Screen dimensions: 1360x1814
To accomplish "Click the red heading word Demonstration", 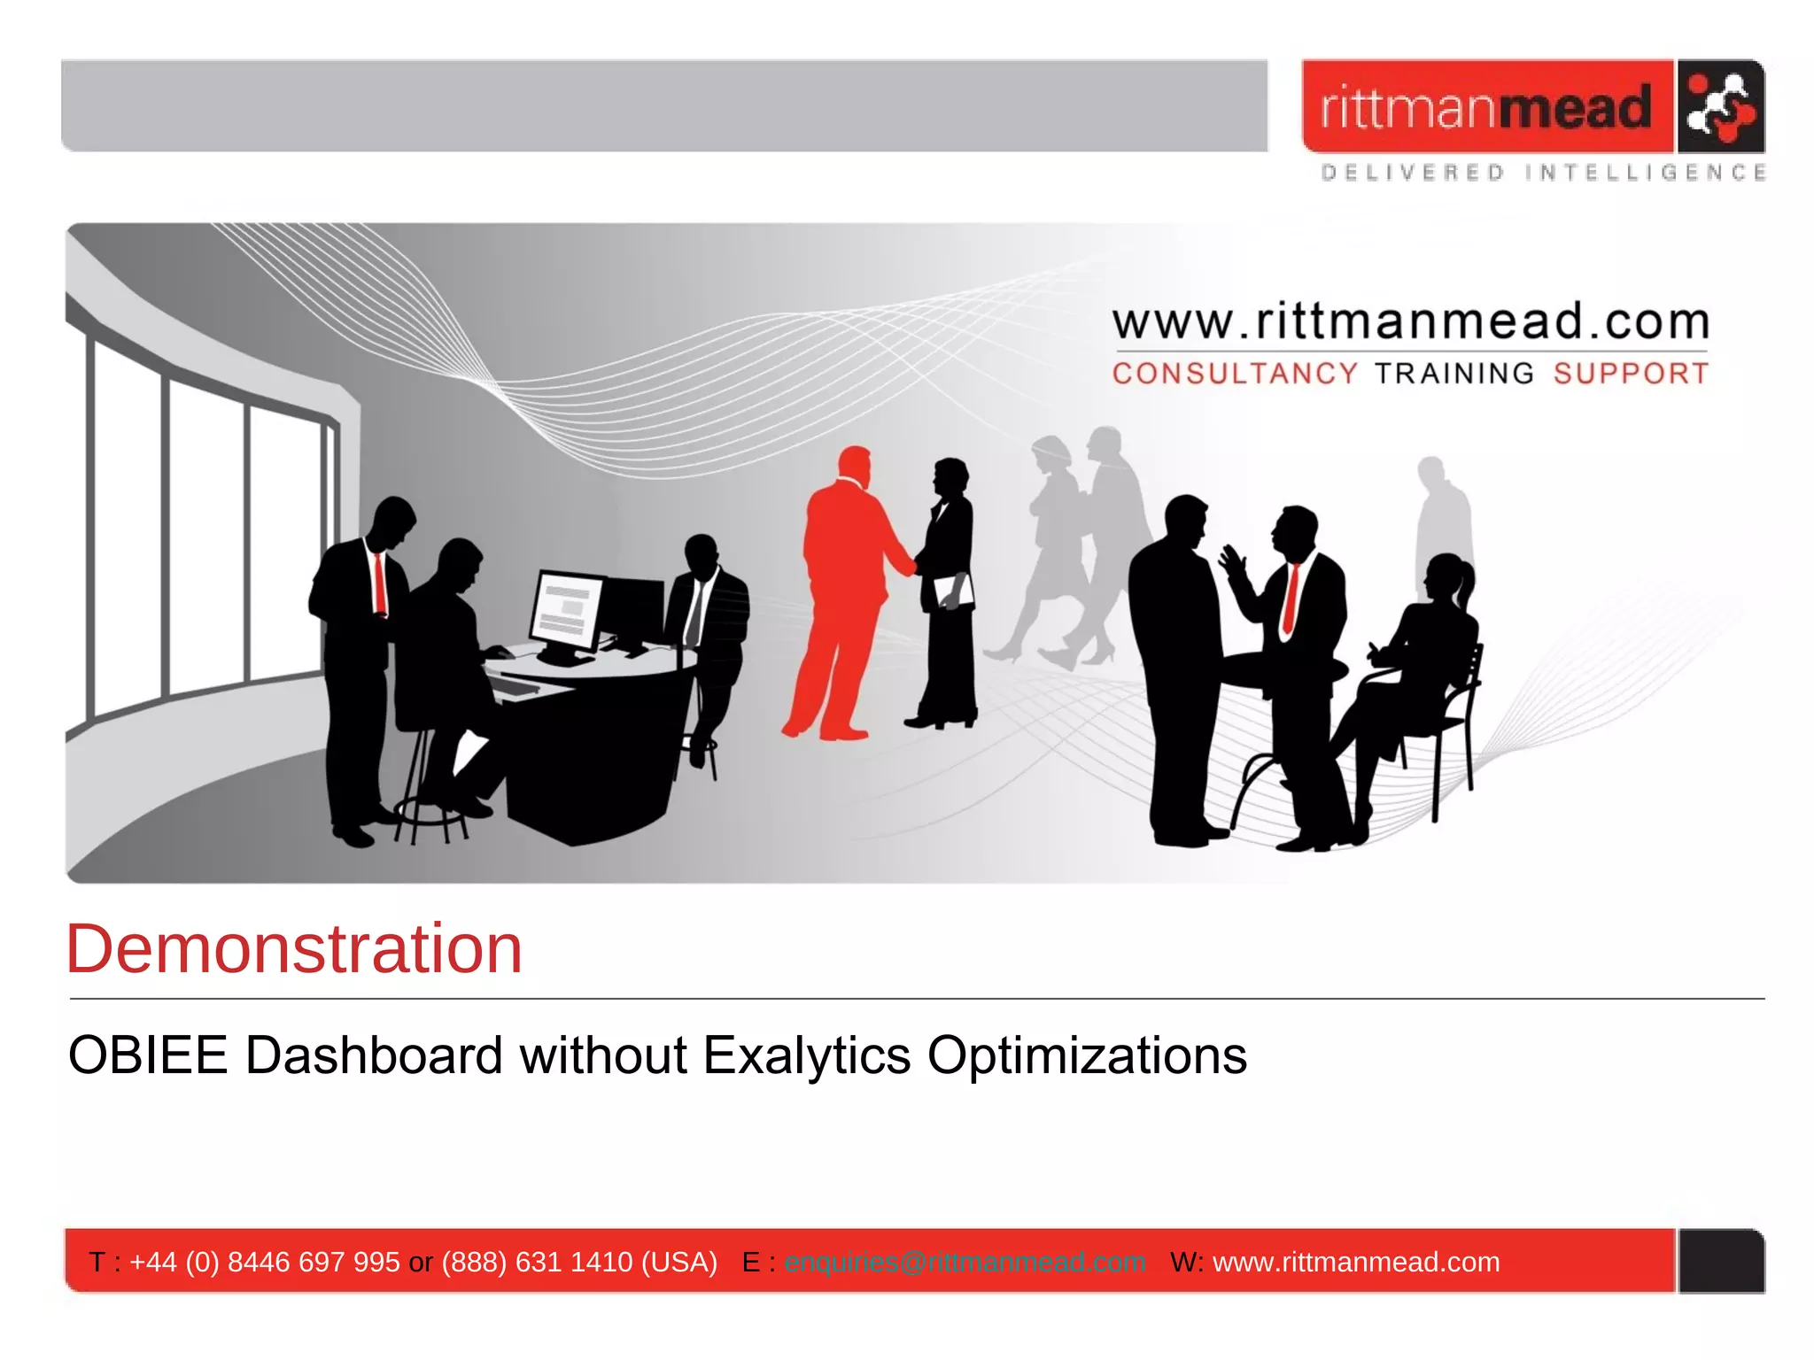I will point(294,949).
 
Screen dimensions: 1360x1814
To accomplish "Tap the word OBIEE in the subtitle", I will point(148,1055).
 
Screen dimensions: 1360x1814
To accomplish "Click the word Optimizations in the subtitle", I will point(1087,1055).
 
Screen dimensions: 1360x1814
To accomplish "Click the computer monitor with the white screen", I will point(568,610).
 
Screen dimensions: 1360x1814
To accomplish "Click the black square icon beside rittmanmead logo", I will point(1720,106).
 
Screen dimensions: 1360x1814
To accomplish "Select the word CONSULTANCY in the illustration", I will point(1235,374).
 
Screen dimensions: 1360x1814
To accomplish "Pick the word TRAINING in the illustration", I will point(1454,374).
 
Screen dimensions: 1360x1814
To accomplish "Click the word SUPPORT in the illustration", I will point(1631,374).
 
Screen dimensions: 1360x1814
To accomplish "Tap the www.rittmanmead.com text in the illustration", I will point(1410,321).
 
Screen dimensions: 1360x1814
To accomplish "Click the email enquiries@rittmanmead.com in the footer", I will point(965,1262).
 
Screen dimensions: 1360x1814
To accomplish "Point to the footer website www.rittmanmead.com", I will point(1356,1262).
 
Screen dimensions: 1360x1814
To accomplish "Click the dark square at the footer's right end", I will point(1721,1261).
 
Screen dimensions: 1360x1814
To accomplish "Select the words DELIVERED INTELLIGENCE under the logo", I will point(1543,173).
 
